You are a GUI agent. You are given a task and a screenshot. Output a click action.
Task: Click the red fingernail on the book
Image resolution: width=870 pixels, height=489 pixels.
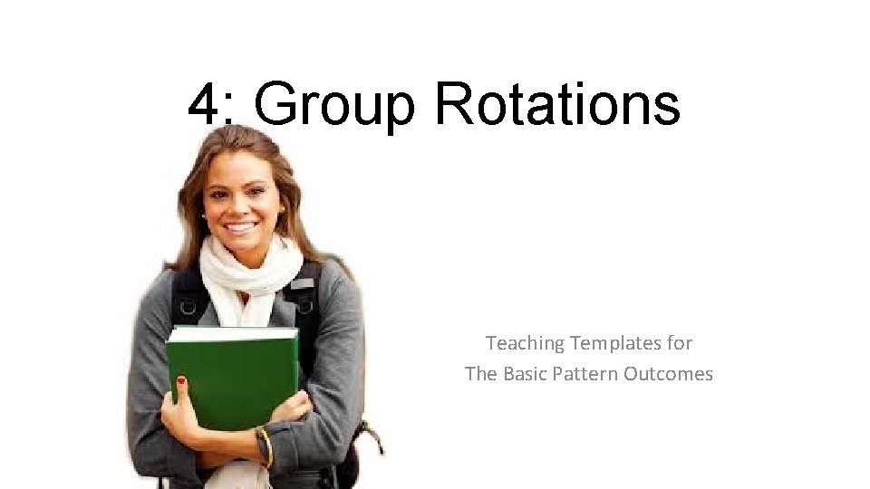coord(181,381)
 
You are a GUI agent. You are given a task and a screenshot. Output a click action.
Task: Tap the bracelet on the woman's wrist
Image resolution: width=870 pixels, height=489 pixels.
coord(266,446)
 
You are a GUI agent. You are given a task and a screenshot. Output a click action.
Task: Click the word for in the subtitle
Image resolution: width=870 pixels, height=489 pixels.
coord(681,343)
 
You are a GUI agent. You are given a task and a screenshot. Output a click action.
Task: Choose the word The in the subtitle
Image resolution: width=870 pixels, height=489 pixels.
coord(479,373)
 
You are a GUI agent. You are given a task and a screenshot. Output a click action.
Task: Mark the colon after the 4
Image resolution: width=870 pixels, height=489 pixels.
coord(230,113)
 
